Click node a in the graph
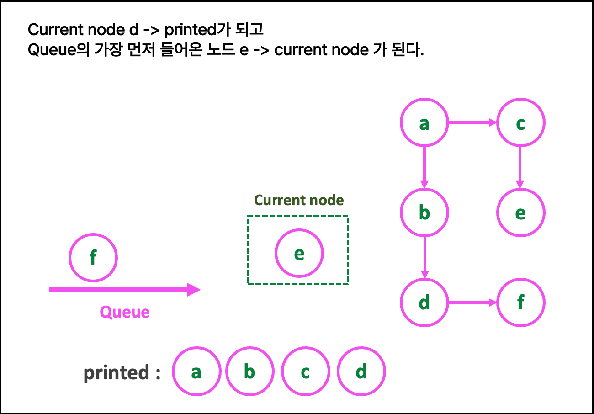coord(424,122)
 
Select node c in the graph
coord(520,122)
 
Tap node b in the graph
coord(424,212)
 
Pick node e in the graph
coord(520,212)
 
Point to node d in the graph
coord(424,303)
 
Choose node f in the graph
coord(520,303)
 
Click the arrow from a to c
coord(472,122)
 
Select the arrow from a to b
coord(424,167)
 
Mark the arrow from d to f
coord(472,303)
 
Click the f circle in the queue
coord(93,258)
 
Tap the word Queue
coord(125,312)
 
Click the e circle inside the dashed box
coord(299,253)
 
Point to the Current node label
coord(299,200)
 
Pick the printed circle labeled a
coord(196,372)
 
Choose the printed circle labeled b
coord(249,372)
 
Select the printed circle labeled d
coord(361,372)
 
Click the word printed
coord(117,372)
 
